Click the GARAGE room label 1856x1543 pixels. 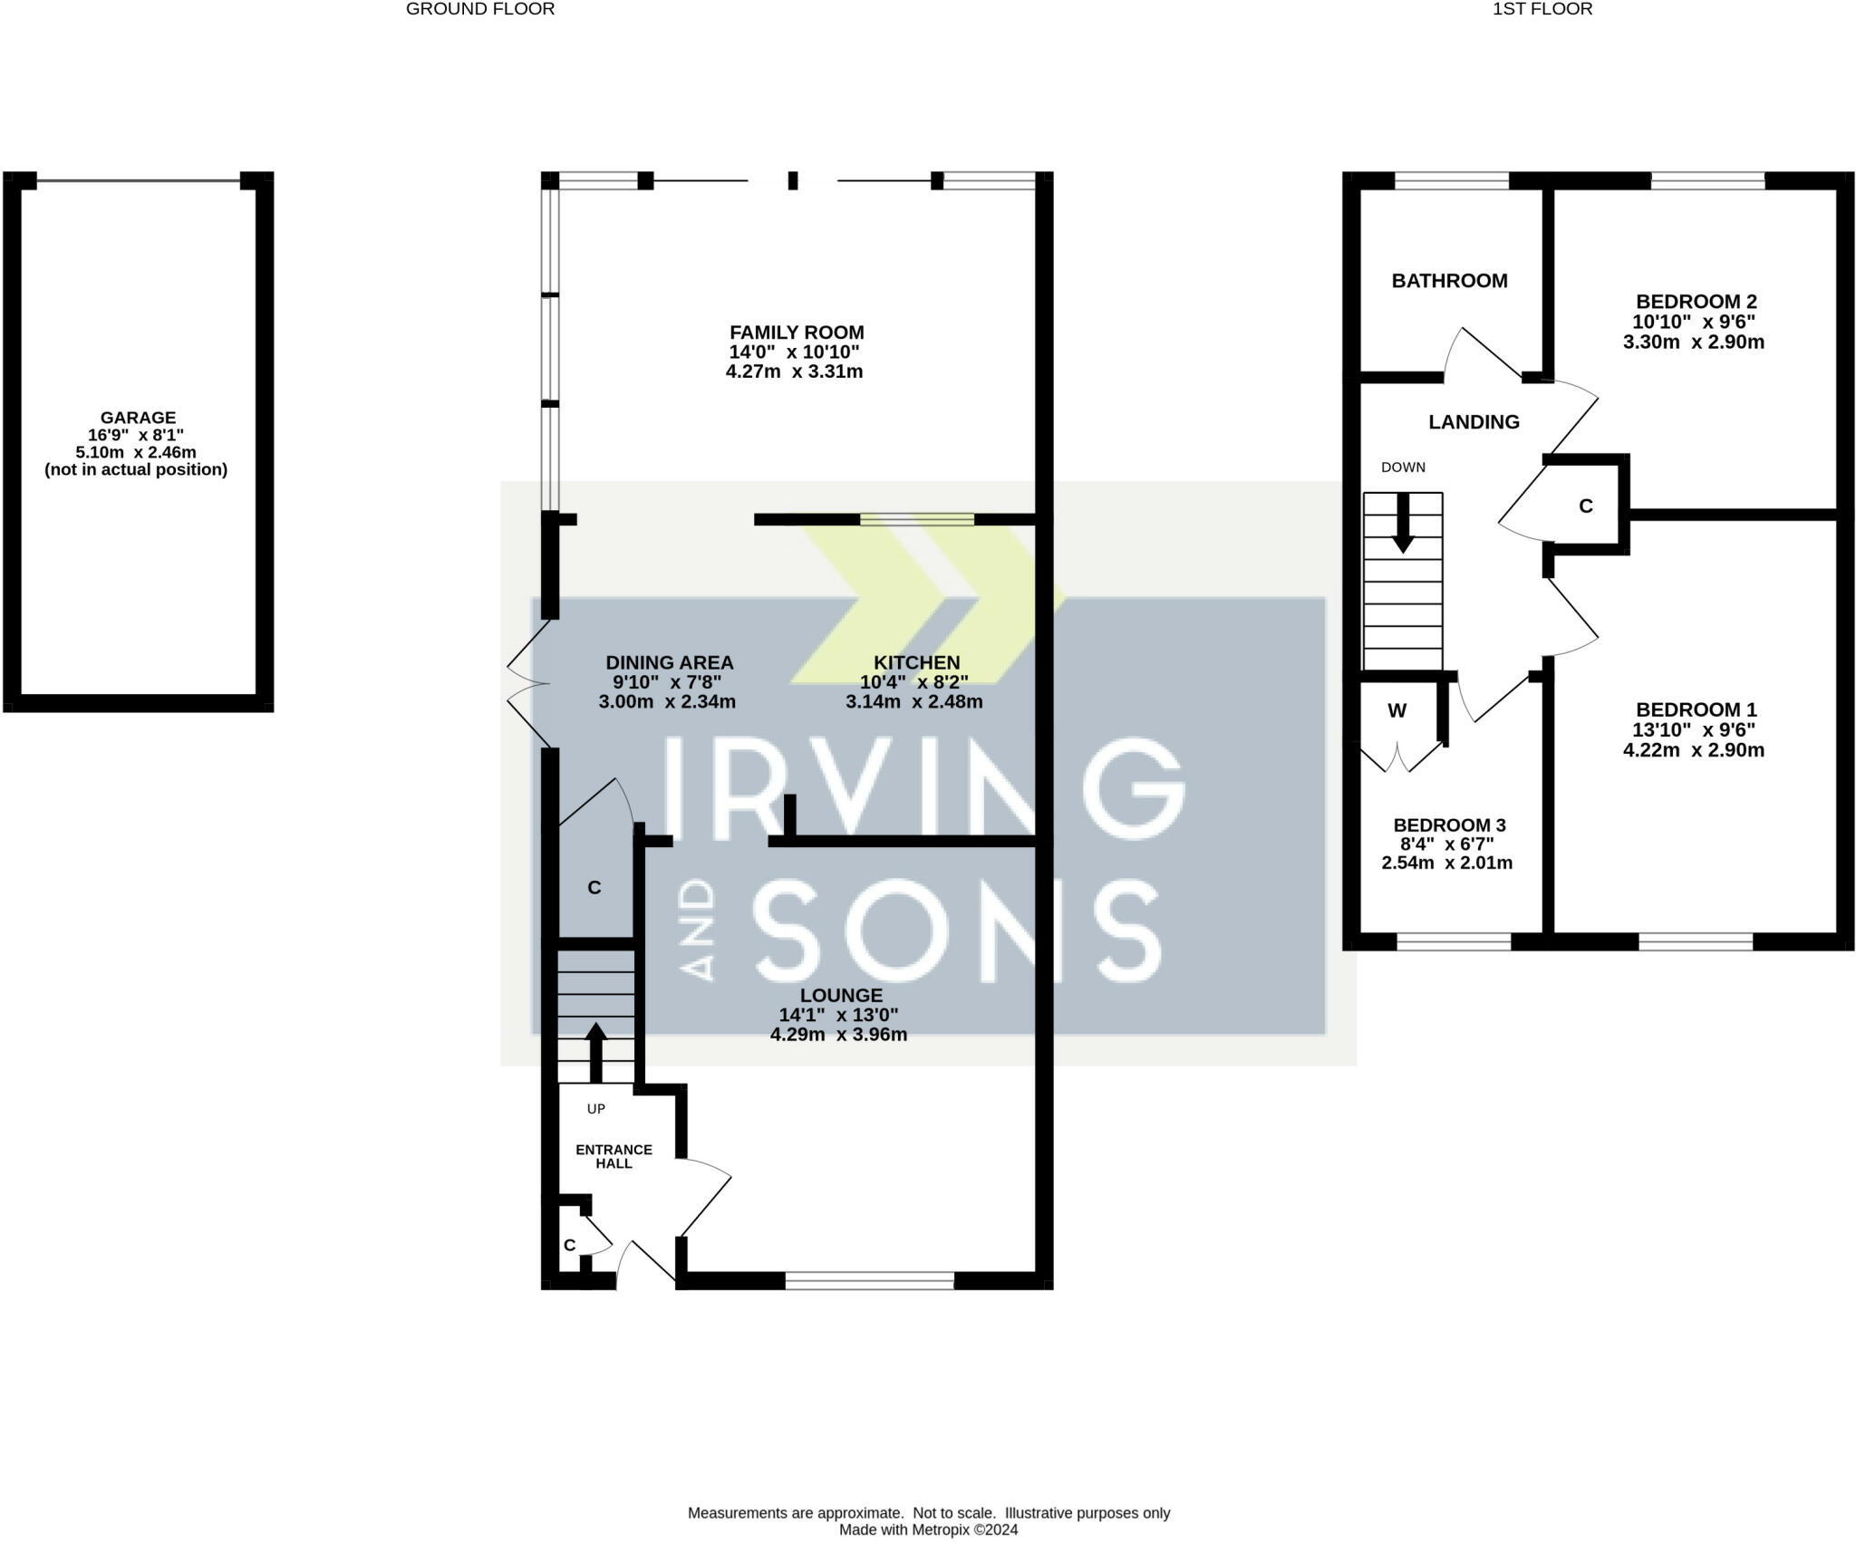[138, 418]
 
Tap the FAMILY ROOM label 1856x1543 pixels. [797, 333]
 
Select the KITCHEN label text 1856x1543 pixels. [916, 662]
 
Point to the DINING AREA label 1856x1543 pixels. [670, 662]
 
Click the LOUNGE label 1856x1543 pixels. [841, 995]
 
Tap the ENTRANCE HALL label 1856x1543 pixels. [614, 1156]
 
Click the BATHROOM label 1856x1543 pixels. [1450, 281]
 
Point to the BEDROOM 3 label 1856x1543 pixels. [1450, 825]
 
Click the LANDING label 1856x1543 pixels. [1474, 421]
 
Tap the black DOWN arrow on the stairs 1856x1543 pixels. [1403, 523]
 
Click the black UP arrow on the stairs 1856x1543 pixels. [595, 1053]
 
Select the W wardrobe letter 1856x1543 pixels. [1397, 710]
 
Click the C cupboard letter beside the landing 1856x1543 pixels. [1586, 506]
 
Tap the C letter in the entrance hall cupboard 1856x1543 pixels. [569, 1245]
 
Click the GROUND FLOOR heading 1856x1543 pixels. [480, 9]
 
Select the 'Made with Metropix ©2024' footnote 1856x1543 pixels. [929, 1530]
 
